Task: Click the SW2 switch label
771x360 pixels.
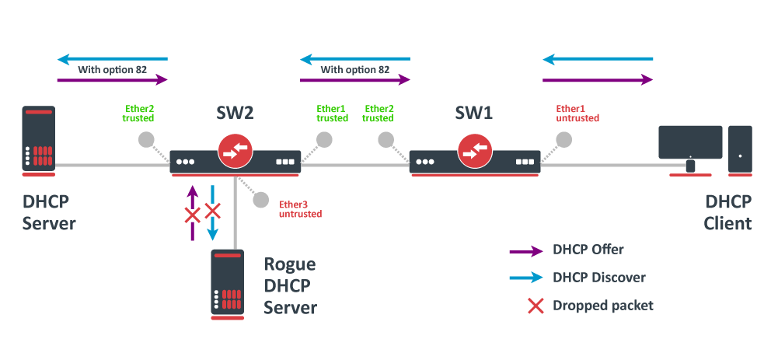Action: (235, 114)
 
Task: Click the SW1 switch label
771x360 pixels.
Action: (473, 114)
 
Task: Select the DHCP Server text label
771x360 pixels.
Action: (49, 213)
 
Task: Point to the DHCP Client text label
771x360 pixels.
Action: (728, 213)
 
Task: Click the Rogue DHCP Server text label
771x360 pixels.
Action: (291, 286)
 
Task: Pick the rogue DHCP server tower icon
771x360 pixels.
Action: (227, 284)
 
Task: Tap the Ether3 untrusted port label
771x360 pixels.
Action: (300, 209)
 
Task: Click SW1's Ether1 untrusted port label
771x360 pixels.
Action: (577, 114)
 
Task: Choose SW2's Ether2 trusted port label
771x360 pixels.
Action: (138, 114)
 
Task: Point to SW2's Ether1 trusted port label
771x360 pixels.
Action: (332, 114)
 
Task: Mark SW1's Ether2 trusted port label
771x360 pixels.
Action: (379, 114)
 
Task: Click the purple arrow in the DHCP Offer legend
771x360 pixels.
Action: (525, 250)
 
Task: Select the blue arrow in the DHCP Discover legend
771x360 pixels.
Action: (525, 278)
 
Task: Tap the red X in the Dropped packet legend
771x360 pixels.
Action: (536, 306)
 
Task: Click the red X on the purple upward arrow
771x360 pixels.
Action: (192, 215)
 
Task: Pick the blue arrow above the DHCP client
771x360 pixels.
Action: (598, 59)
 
